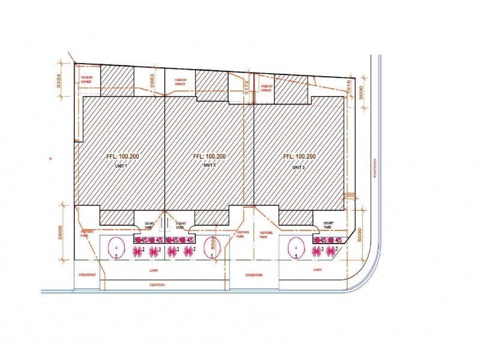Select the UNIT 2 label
pyautogui.click(x=209, y=165)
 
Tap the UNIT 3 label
pyautogui.click(x=299, y=167)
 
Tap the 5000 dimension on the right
pyautogui.click(x=361, y=233)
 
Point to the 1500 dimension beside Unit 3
pyautogui.click(x=350, y=195)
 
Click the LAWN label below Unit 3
pyautogui.click(x=317, y=269)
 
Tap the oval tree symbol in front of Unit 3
pyautogui.click(x=295, y=247)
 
